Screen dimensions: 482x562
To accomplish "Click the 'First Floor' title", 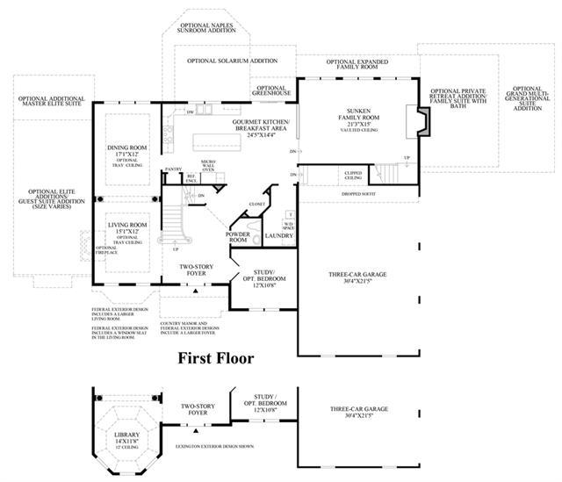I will pos(217,357).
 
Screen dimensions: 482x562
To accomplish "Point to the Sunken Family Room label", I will pos(356,117).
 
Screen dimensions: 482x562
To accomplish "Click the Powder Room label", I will pos(239,236).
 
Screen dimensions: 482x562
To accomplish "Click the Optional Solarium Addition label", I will pos(229,61).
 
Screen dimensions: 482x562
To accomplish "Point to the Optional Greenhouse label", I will pos(273,92).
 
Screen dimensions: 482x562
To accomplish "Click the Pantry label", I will pos(174,169).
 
